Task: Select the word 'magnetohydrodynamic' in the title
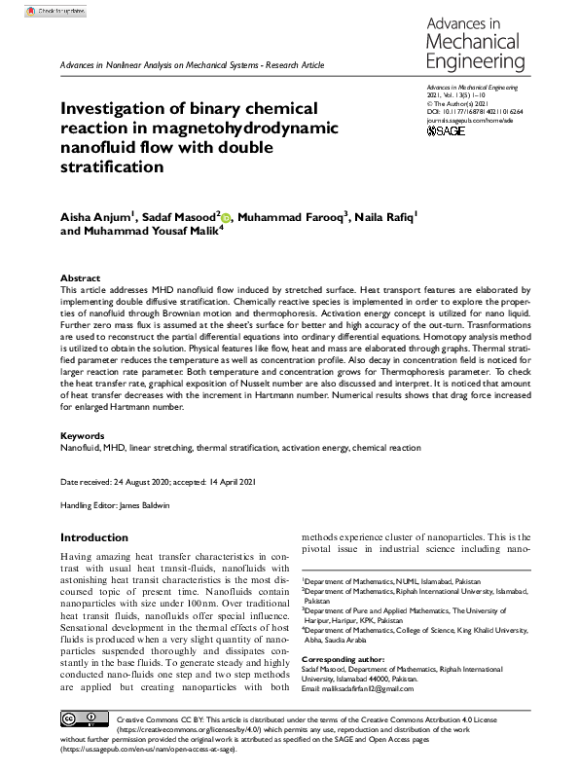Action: pyautogui.click(x=230, y=128)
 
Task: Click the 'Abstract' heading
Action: pyautogui.click(x=80, y=277)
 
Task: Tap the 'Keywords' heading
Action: pyautogui.click(x=83, y=436)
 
